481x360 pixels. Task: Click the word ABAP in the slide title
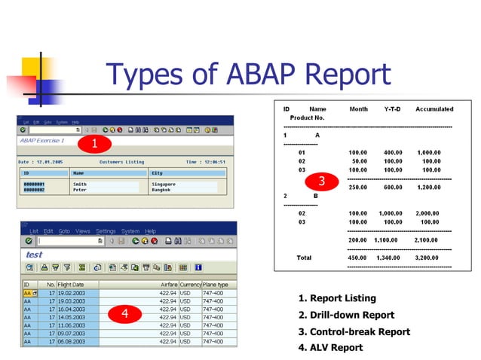click(256, 75)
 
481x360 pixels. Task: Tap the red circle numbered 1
click(94, 142)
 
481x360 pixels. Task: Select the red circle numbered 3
click(321, 181)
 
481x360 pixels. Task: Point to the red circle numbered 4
click(125, 314)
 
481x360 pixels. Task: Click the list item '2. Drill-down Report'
click(346, 315)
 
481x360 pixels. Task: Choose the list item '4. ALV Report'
click(330, 347)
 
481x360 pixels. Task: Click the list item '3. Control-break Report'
click(354, 331)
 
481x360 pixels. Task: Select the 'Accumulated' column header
click(434, 109)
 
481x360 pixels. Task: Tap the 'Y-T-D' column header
click(393, 109)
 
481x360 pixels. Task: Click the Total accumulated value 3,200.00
click(428, 258)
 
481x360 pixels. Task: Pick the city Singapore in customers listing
click(165, 183)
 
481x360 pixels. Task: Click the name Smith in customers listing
click(79, 183)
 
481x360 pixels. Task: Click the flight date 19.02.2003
click(73, 293)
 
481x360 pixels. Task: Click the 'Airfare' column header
click(169, 285)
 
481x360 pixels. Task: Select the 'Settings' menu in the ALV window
click(106, 230)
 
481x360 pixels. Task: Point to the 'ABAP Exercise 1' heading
click(41, 141)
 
